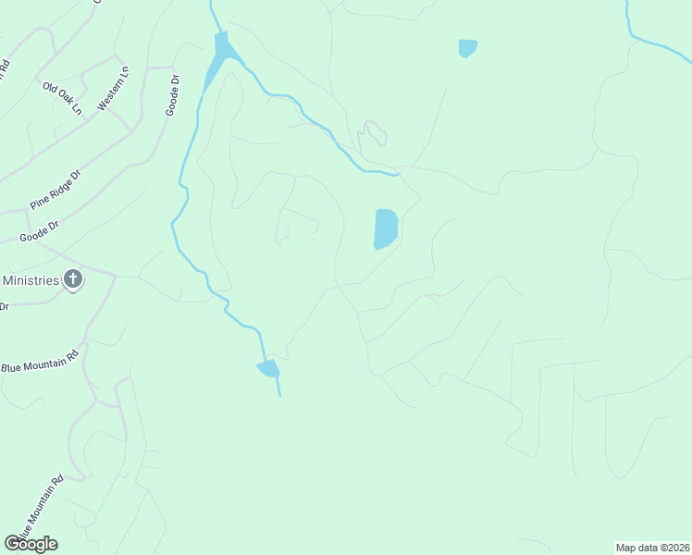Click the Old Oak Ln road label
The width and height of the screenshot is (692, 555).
[x=62, y=98]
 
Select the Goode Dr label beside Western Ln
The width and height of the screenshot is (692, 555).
[x=172, y=95]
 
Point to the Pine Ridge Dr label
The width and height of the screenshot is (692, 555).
[x=56, y=190]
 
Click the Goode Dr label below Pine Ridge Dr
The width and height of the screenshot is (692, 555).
[x=39, y=231]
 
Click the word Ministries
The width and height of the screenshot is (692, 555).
[x=31, y=279]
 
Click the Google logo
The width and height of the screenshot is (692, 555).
[x=31, y=543]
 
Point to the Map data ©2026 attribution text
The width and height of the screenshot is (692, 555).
[x=653, y=548]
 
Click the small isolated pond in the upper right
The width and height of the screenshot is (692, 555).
[x=468, y=47]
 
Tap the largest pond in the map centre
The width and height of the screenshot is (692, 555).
[x=385, y=228]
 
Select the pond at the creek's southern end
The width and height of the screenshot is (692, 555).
[x=268, y=369]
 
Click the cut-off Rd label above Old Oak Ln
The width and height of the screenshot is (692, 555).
[x=5, y=69]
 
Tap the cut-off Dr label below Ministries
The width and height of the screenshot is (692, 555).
[x=4, y=305]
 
